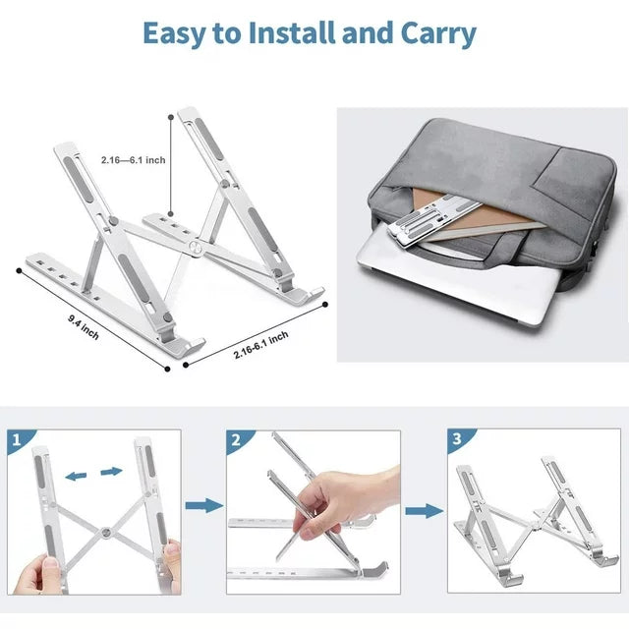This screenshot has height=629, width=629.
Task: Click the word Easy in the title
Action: pyautogui.click(x=178, y=33)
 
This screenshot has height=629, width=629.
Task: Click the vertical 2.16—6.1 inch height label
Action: pyautogui.click(x=133, y=159)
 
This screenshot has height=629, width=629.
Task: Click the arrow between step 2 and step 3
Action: pyautogui.click(x=424, y=510)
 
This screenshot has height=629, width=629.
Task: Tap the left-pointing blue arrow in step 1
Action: pyautogui.click(x=75, y=476)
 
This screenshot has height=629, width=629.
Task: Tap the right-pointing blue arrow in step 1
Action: pyautogui.click(x=110, y=471)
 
